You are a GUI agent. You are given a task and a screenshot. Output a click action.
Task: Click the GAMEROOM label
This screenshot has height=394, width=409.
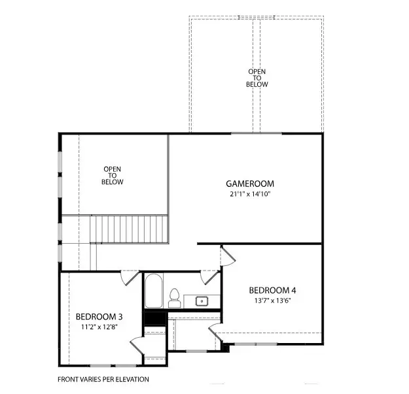pyautogui.click(x=249, y=184)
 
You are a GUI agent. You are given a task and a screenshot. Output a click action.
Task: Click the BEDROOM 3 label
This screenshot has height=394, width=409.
pyautogui.click(x=99, y=317)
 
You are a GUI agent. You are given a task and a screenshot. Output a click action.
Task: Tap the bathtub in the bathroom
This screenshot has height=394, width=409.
pyautogui.click(x=154, y=291)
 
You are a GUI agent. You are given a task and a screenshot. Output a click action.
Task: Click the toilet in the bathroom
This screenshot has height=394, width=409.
pyautogui.click(x=174, y=298)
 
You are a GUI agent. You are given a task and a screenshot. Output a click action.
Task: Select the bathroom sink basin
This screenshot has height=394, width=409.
pyautogui.click(x=202, y=301)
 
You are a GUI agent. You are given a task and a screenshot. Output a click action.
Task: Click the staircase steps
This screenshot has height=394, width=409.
pyautogui.click(x=129, y=228)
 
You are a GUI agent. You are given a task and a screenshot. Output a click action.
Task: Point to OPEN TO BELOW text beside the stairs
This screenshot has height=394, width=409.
pyautogui.click(x=113, y=176)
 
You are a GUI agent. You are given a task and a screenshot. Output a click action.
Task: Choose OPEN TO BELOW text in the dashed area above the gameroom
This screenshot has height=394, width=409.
pyautogui.click(x=257, y=78)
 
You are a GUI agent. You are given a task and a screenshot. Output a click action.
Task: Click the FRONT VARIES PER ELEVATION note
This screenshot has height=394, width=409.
pyautogui.click(x=103, y=379)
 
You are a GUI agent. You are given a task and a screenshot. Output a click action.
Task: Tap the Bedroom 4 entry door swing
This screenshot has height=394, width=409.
pyautogui.click(x=229, y=256)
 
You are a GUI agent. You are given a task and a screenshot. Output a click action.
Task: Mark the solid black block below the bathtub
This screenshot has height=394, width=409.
pyautogui.click(x=154, y=318)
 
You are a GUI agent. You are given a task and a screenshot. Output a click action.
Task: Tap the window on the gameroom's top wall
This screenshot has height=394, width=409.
pyautogui.click(x=257, y=133)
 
